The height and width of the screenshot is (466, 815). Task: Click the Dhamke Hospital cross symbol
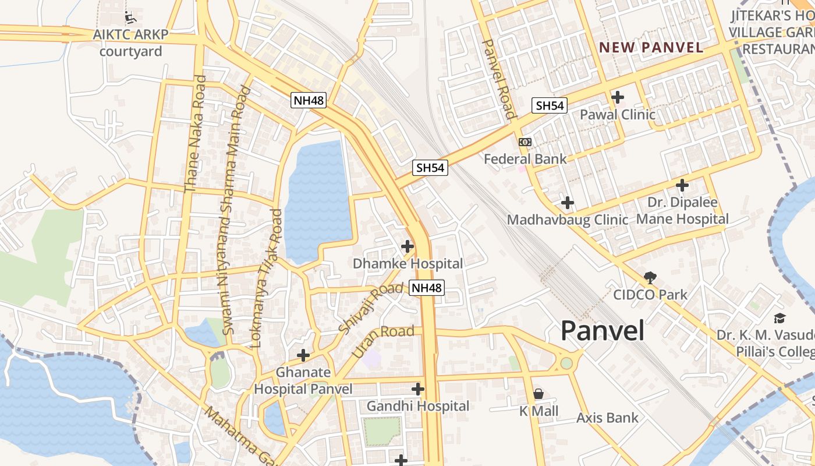click(408, 246)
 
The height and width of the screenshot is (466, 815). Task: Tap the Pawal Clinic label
click(618, 114)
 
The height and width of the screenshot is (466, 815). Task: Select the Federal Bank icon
click(525, 142)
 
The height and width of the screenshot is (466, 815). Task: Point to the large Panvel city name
click(603, 331)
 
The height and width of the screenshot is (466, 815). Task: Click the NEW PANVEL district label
click(651, 48)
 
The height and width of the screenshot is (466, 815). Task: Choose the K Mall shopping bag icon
click(538, 394)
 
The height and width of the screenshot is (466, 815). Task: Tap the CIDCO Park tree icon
click(650, 278)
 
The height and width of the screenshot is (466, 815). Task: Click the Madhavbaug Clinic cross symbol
click(568, 203)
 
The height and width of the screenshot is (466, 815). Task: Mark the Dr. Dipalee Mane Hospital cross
click(682, 186)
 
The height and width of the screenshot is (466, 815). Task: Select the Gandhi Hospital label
click(418, 406)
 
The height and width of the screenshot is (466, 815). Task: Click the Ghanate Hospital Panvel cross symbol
click(303, 355)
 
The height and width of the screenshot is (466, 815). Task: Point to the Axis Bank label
click(607, 418)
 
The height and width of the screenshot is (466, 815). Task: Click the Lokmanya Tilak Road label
click(266, 278)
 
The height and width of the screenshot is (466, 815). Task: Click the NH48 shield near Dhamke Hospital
click(427, 287)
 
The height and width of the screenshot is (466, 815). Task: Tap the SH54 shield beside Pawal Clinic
click(550, 105)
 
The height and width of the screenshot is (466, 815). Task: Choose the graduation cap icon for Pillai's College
click(779, 318)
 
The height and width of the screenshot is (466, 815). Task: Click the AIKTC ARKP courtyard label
click(130, 43)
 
